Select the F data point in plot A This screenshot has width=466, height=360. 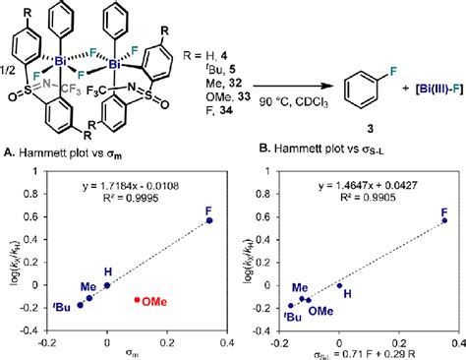point(208,220)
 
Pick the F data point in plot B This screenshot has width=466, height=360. point(443,220)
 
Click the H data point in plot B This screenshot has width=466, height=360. point(339,286)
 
